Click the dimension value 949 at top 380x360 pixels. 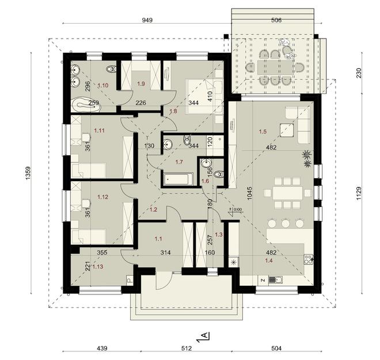click(146, 20)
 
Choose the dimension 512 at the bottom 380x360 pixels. click(188, 349)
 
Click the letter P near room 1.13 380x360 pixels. click(129, 281)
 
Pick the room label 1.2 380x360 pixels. click(153, 210)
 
